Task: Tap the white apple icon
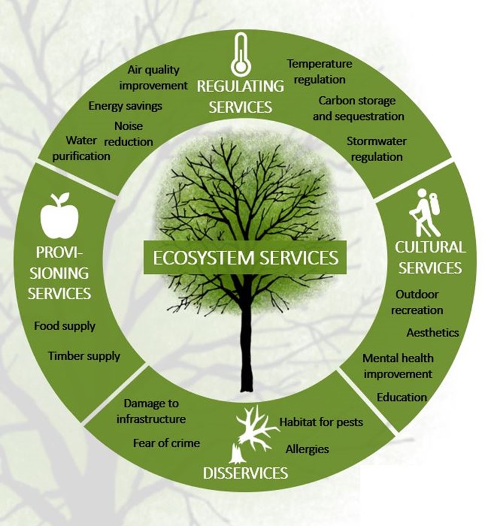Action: pos(59,216)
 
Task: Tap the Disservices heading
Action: pos(246,472)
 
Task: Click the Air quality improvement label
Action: pos(153,78)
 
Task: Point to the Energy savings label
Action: pos(125,106)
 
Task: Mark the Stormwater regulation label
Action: pos(376,149)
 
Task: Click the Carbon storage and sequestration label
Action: pos(358,108)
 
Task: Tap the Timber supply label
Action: pos(84,356)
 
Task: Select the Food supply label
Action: pos(64,326)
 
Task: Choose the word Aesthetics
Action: pos(432,333)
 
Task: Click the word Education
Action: pos(401,398)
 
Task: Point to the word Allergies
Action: pos(307,449)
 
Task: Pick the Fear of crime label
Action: pos(166,443)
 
